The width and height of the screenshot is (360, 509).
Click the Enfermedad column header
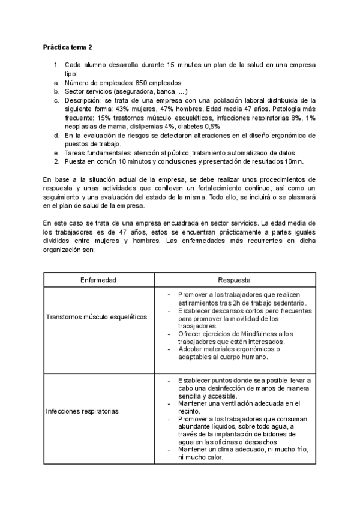(98, 280)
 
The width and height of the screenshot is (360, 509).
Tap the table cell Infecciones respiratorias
(82, 411)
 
